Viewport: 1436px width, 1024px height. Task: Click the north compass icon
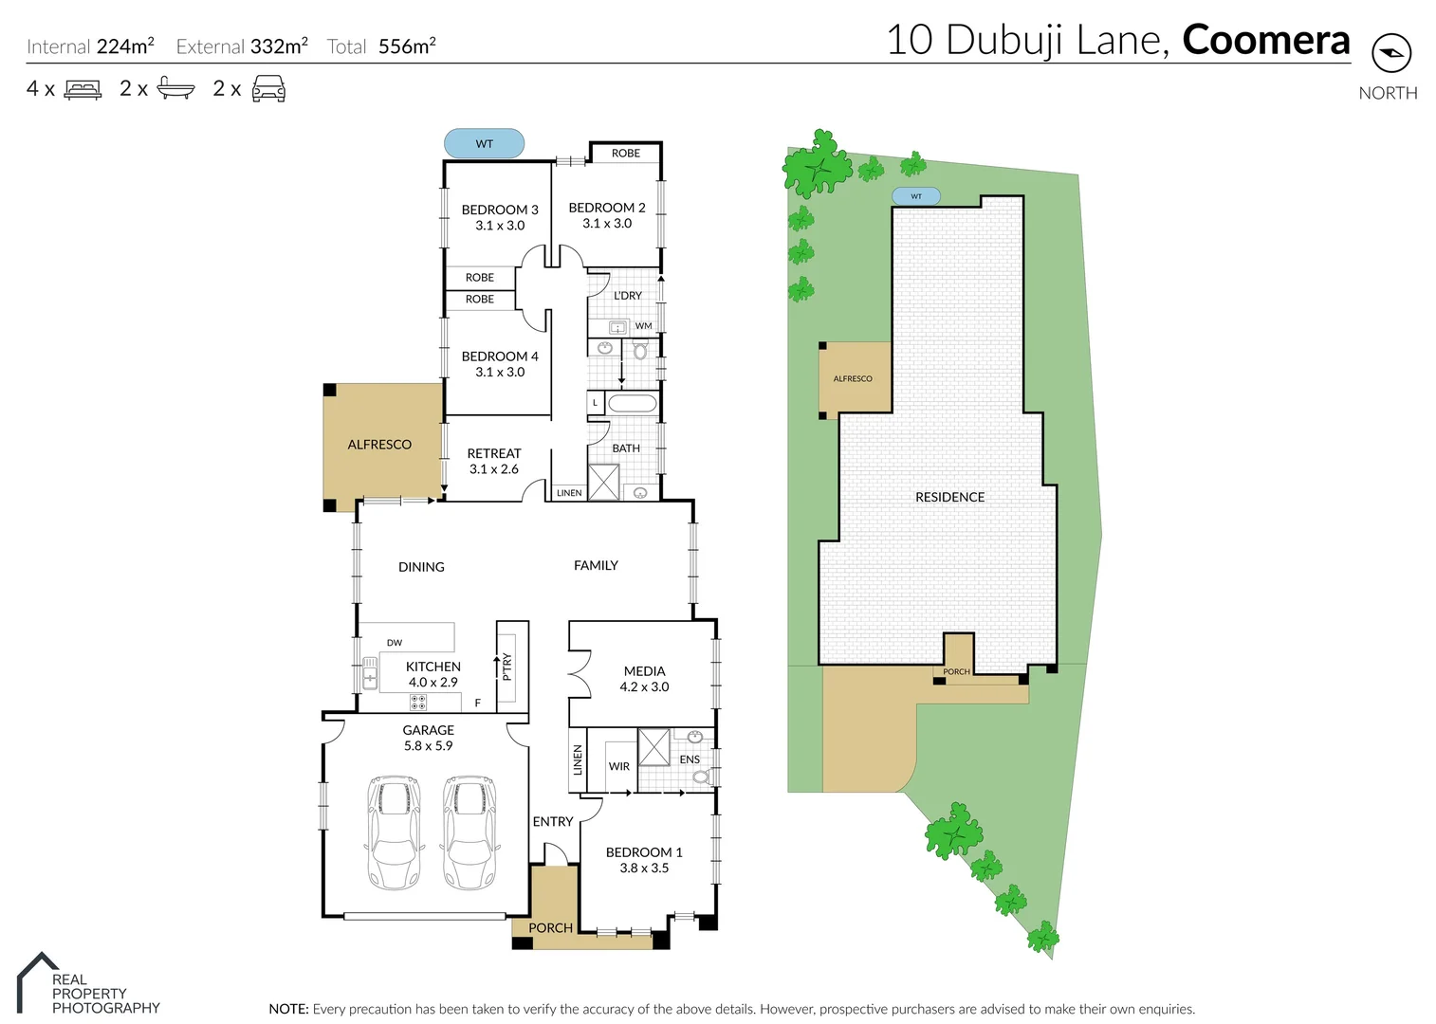(x=1390, y=52)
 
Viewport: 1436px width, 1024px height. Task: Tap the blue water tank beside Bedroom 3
(x=484, y=144)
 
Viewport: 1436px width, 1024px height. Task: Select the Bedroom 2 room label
(x=606, y=208)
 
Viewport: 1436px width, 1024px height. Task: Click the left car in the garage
(x=393, y=832)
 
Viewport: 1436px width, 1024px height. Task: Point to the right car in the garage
(x=469, y=832)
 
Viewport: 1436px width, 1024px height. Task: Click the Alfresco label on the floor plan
(x=379, y=445)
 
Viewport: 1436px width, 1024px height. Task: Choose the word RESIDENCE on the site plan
(x=949, y=497)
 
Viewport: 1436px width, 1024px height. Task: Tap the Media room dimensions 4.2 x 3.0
(x=644, y=687)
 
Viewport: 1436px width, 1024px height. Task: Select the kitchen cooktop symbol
(x=418, y=703)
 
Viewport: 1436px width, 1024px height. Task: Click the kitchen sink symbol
(x=369, y=674)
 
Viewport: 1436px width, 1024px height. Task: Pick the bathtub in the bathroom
(x=632, y=404)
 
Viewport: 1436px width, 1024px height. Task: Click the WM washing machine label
(x=643, y=326)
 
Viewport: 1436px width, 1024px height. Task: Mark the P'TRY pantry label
(x=507, y=667)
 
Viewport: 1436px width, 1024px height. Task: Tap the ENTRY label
(x=552, y=822)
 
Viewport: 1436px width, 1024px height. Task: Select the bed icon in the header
(x=83, y=90)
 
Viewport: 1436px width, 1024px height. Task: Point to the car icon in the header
(x=268, y=89)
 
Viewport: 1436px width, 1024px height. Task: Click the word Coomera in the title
(x=1265, y=40)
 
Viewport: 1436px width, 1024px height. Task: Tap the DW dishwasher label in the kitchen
(x=395, y=643)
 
